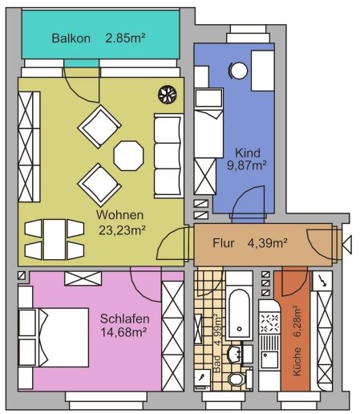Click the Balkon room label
pos(71,39)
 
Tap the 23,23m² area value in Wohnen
pos(123,230)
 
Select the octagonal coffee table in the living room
pos(128,156)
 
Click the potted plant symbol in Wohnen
pos(168,95)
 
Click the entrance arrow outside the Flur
pos(347,244)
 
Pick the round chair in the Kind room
pos(239,71)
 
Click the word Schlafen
pos(124,319)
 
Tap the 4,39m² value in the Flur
pos(268,243)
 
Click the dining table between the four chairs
pos(55,239)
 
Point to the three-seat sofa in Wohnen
pos(169,156)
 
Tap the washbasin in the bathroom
pos(235,355)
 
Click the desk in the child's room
pos(263,71)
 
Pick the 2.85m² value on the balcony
pos(125,38)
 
